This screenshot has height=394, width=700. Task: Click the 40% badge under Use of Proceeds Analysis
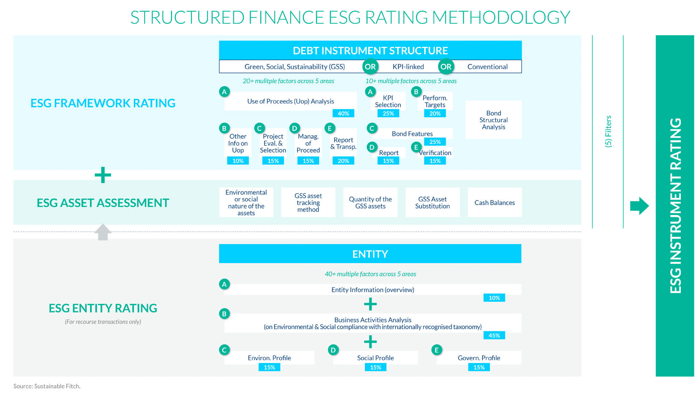(x=343, y=113)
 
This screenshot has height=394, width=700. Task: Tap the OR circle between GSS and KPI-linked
(x=370, y=67)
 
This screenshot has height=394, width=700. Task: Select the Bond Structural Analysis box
(x=493, y=120)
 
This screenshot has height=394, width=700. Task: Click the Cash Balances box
(x=495, y=203)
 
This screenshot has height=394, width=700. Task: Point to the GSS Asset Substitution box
(x=432, y=203)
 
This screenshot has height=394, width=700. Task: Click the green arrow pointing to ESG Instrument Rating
(x=639, y=206)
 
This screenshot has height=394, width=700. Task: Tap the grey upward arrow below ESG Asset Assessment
(x=103, y=232)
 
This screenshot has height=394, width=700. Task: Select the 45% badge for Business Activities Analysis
(x=494, y=335)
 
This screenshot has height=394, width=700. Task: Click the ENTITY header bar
(x=370, y=254)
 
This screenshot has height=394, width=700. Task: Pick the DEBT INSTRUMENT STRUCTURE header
(x=370, y=51)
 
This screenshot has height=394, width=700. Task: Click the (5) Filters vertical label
(x=608, y=131)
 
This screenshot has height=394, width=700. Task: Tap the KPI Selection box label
(x=388, y=101)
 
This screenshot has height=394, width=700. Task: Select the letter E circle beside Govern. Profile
(x=437, y=350)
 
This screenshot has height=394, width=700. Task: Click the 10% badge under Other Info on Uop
(x=238, y=161)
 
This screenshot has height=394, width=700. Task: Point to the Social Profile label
(x=375, y=358)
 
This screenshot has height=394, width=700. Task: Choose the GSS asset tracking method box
(x=308, y=203)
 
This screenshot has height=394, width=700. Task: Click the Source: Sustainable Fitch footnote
(x=47, y=386)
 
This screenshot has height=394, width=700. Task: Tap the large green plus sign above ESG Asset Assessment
(x=103, y=175)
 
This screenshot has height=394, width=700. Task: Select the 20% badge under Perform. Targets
(x=435, y=113)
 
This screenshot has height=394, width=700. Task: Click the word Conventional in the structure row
(x=487, y=67)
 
